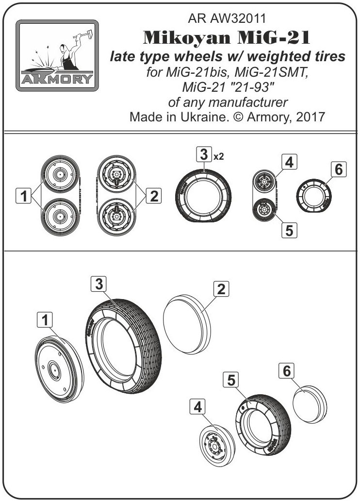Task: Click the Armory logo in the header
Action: tap(57, 55)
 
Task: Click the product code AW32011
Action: tap(238, 18)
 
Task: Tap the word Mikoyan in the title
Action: tap(187, 38)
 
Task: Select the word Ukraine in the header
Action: tap(203, 117)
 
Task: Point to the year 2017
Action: tap(311, 117)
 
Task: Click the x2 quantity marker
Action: tap(218, 156)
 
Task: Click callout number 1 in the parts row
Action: tap(23, 196)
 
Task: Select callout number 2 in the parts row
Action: tap(154, 196)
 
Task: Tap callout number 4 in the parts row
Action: tap(289, 162)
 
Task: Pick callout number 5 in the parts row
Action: tap(289, 230)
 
